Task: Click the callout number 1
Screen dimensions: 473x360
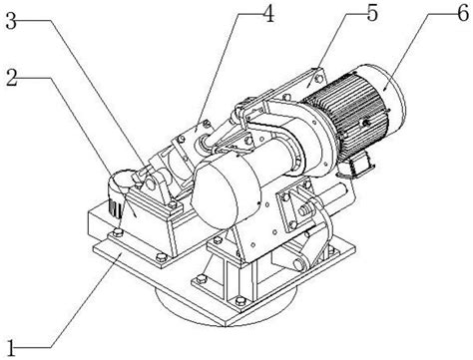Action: tap(11, 348)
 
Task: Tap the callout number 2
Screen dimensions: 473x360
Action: tap(12, 78)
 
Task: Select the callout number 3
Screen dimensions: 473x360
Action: tap(11, 21)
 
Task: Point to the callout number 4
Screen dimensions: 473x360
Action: tap(268, 13)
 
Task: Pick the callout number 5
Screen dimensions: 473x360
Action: tap(372, 13)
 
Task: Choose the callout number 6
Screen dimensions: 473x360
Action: tap(463, 13)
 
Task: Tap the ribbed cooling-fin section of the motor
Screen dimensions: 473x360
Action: tap(346, 110)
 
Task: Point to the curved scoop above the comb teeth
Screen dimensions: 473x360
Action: tap(121, 182)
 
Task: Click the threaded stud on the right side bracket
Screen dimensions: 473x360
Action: tap(305, 210)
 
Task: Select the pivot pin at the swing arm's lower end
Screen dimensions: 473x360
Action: tap(298, 265)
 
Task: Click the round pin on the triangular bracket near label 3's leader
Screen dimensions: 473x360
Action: tap(150, 181)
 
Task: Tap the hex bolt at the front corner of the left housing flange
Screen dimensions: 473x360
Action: tap(161, 256)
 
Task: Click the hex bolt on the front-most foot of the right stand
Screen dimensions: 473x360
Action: tap(239, 301)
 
